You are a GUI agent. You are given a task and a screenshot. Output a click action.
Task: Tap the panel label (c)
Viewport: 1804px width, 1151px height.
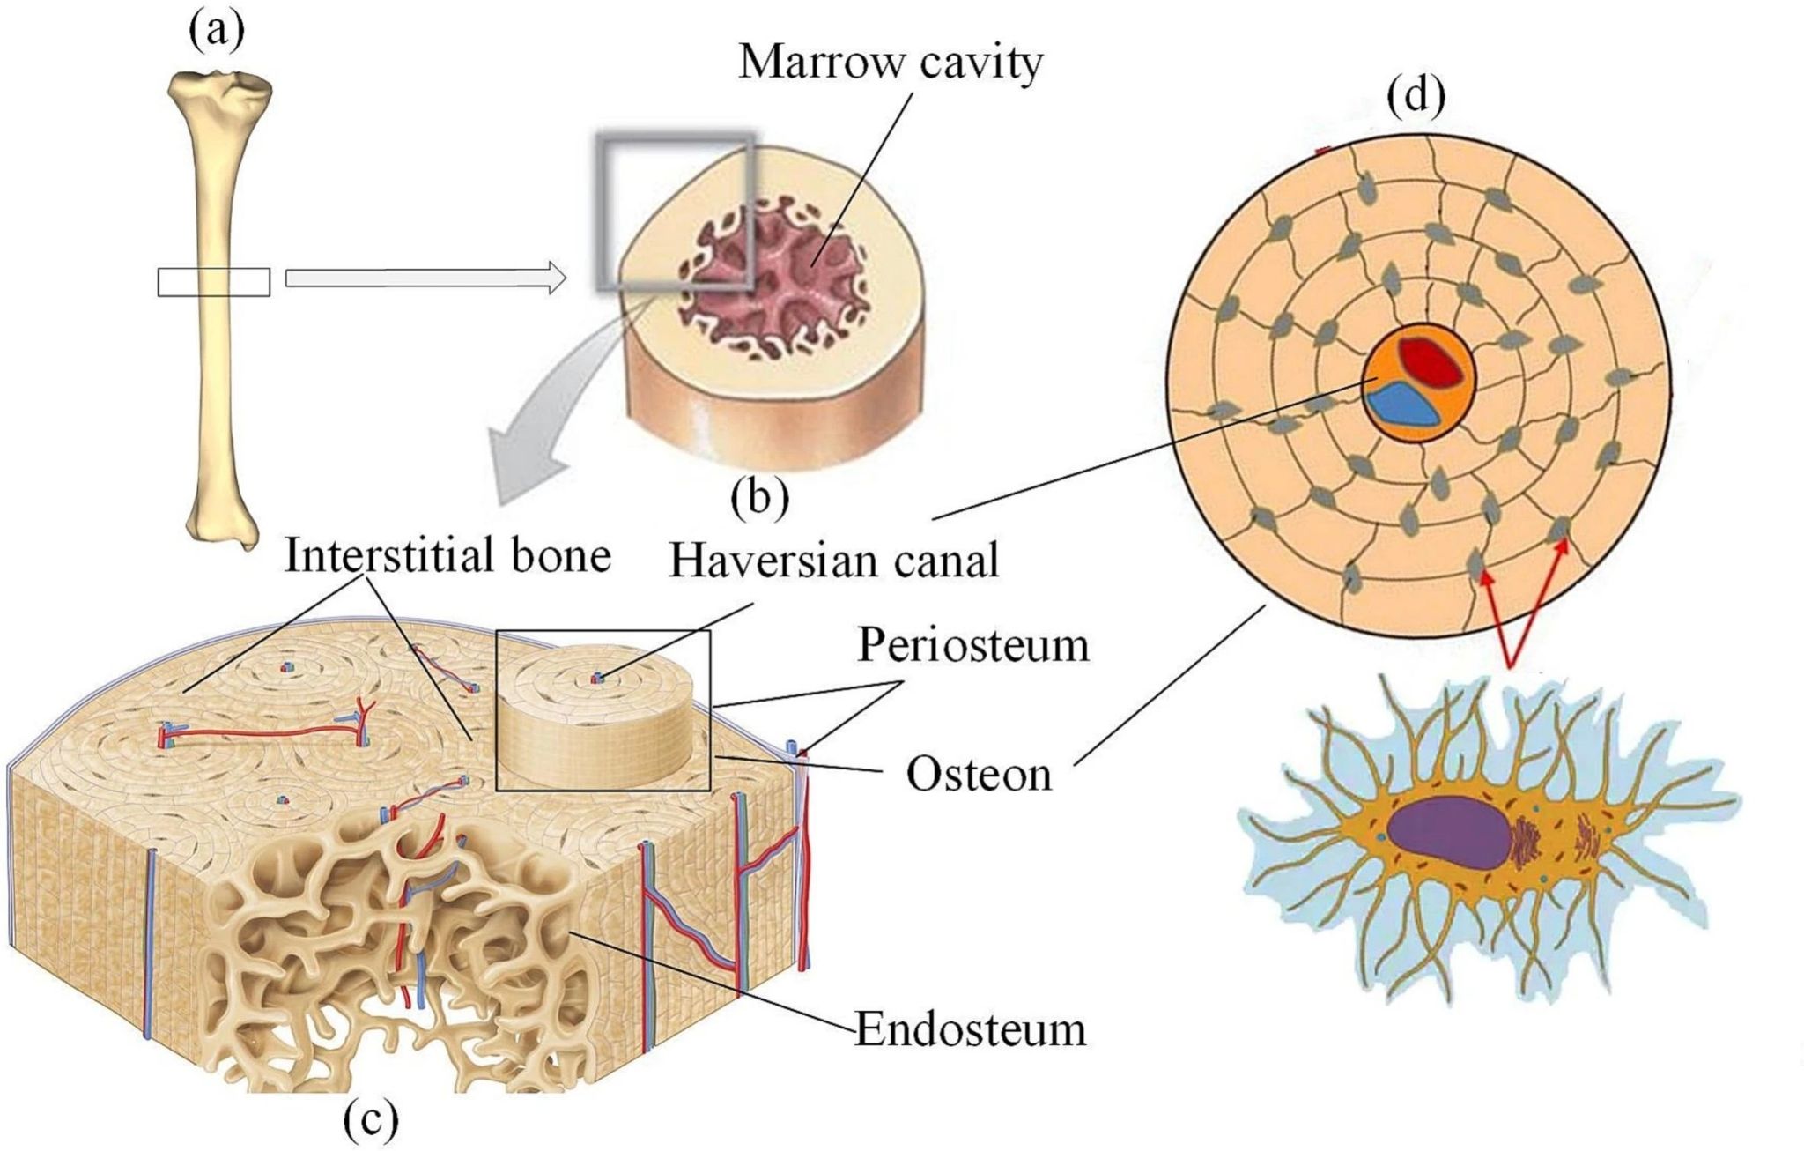pos(370,1120)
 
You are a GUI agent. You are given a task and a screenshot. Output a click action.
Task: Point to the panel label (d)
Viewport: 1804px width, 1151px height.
pos(1416,97)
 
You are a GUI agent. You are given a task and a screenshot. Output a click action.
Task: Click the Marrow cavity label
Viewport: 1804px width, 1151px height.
pos(891,63)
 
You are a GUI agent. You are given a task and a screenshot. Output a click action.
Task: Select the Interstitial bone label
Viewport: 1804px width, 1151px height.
pos(447,556)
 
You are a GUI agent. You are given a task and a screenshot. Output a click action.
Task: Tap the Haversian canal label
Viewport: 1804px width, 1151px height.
pos(834,561)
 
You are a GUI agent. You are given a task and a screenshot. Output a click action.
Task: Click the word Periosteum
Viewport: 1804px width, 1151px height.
pos(973,646)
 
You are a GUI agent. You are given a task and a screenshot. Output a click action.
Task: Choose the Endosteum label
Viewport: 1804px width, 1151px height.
pos(970,1029)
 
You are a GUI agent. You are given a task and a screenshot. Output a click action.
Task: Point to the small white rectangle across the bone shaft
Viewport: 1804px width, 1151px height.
pos(214,281)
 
